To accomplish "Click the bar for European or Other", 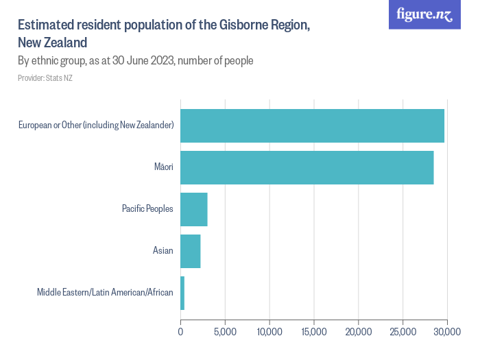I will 312,125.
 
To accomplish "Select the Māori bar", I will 307,167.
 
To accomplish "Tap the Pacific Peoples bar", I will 193,209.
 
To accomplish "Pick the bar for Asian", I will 190,251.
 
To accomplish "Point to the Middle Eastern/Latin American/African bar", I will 182,293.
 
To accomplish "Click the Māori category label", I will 164,167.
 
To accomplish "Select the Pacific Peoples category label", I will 147,209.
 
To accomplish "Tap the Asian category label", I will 163,251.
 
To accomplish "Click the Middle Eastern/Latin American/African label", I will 105,293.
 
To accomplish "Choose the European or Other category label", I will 96,125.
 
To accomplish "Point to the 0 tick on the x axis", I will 180,333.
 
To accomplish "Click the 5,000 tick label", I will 225,333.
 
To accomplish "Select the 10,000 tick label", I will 269,333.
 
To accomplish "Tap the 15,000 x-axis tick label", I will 314,333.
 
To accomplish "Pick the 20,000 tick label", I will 359,333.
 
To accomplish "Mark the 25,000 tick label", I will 403,333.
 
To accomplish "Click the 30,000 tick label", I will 447,333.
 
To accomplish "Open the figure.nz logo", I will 424,14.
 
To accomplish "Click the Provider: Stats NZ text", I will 45,78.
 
